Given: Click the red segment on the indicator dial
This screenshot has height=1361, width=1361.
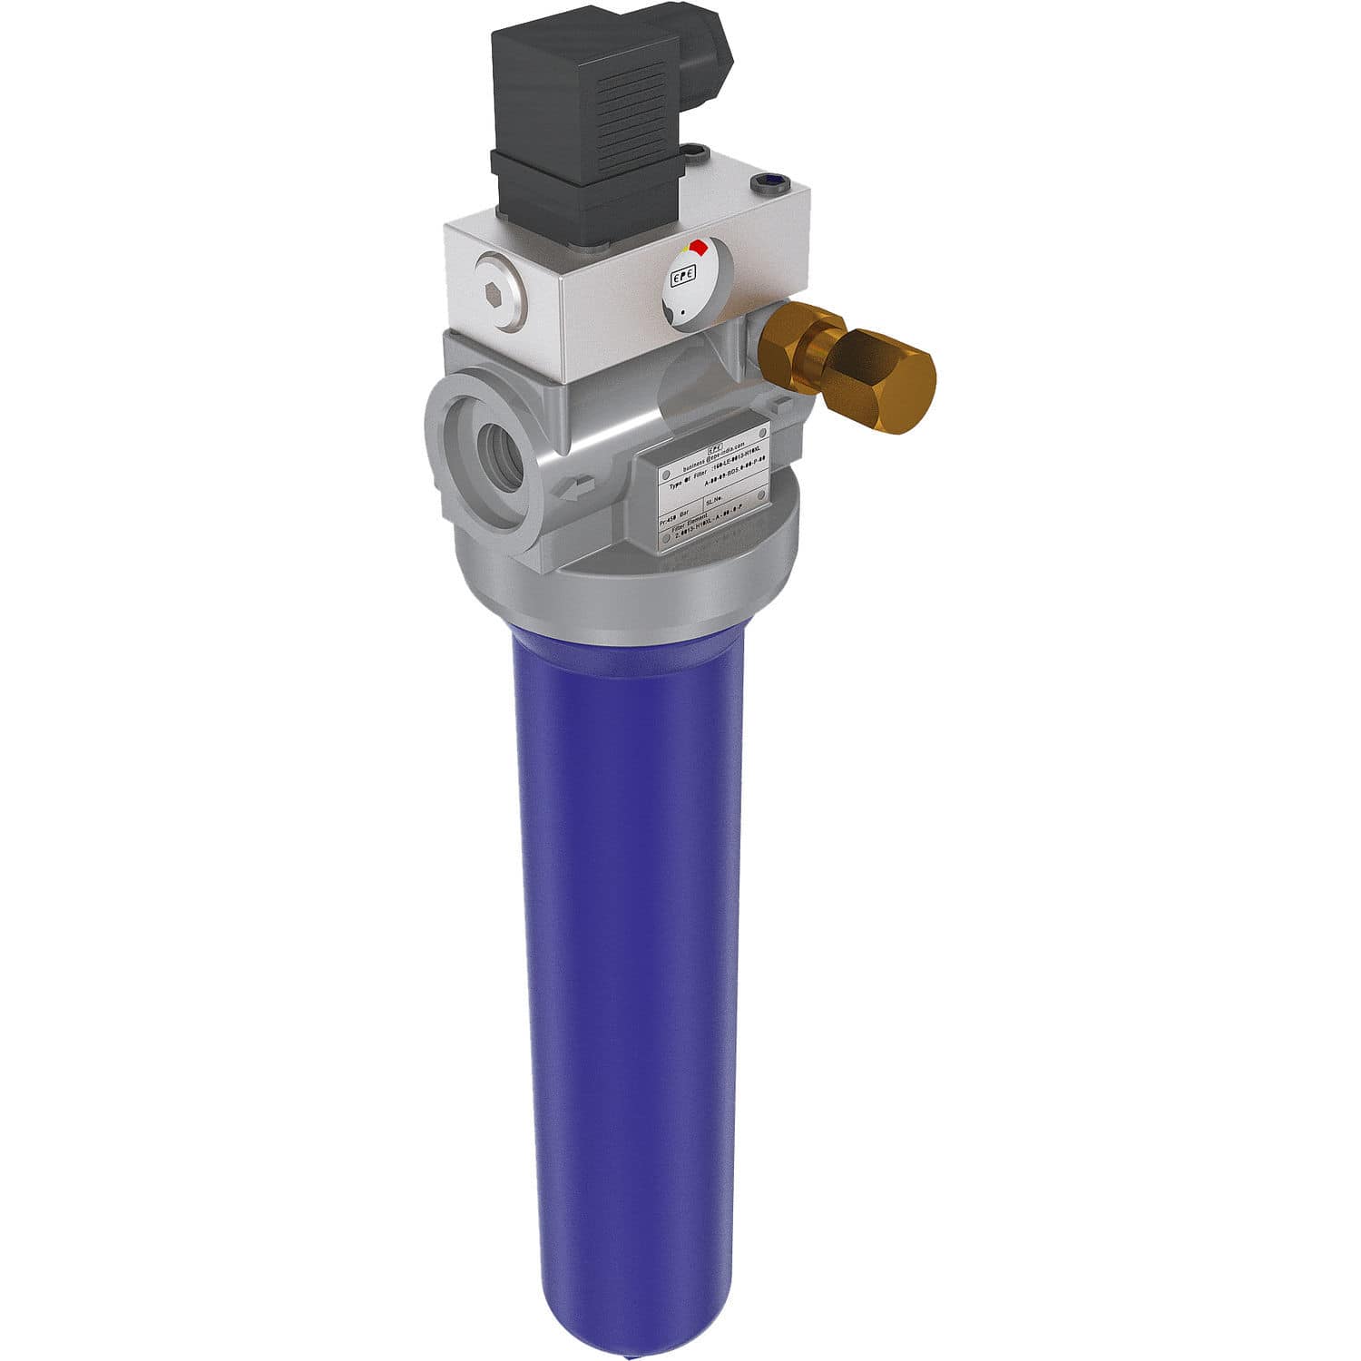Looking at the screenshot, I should [698, 248].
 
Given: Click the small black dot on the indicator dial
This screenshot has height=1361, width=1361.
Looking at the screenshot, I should [682, 311].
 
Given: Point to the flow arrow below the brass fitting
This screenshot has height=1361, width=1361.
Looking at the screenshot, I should [784, 403].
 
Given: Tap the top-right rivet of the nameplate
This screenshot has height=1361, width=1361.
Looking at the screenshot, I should [762, 430].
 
